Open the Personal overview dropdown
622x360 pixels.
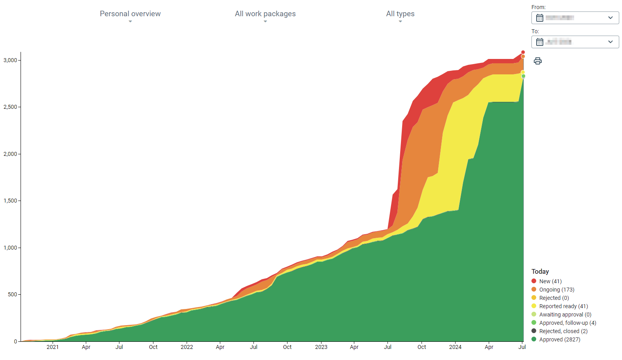(x=130, y=14)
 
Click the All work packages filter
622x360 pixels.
(x=265, y=14)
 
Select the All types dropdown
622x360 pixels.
(x=400, y=14)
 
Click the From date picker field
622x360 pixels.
(x=575, y=18)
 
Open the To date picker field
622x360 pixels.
(x=575, y=42)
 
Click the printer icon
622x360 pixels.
(x=537, y=61)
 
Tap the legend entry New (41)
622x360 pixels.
(x=550, y=281)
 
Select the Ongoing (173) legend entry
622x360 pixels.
(x=556, y=290)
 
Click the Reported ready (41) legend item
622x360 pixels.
(x=563, y=306)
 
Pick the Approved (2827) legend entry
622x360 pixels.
(x=560, y=339)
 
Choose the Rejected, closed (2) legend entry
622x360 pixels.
(x=563, y=331)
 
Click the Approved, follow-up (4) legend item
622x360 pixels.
(x=567, y=323)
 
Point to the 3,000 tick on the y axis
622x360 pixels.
(x=10, y=60)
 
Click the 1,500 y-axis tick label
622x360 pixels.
(x=10, y=201)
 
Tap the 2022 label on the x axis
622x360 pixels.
(x=187, y=347)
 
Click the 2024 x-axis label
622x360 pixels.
(x=455, y=347)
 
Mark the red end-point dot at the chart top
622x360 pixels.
(x=523, y=52)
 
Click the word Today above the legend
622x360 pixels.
(x=540, y=271)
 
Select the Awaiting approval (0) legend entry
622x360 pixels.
(x=565, y=315)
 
